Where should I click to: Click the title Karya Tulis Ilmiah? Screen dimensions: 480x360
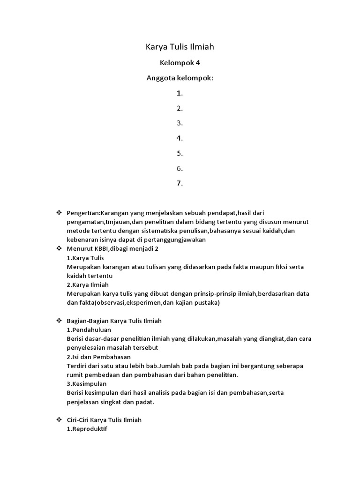pyautogui.click(x=180, y=47)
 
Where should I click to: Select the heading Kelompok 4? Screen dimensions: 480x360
pyautogui.click(x=180, y=63)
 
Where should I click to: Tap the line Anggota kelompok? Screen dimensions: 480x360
pyautogui.click(x=180, y=78)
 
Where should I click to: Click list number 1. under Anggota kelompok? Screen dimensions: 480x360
pyautogui.click(x=180, y=93)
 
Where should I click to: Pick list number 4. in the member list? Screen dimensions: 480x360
pyautogui.click(x=180, y=138)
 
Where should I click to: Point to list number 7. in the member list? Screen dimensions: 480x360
pyautogui.click(x=180, y=183)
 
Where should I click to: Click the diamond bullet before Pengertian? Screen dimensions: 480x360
pyautogui.click(x=59, y=213)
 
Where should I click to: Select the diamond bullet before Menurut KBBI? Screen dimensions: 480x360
pyautogui.click(x=59, y=249)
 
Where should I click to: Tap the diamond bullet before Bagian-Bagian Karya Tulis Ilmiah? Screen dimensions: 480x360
pyautogui.click(x=59, y=321)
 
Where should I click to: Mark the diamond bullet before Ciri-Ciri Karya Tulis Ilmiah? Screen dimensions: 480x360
pyautogui.click(x=59, y=420)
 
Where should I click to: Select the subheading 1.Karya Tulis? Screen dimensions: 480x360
pyautogui.click(x=85, y=258)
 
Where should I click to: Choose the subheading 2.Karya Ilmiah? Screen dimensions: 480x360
pyautogui.click(x=88, y=285)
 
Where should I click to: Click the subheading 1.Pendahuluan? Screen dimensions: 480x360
pyautogui.click(x=89, y=330)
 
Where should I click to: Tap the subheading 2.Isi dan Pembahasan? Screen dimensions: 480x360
pyautogui.click(x=98, y=357)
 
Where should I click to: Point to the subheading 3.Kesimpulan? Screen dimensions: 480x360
pyautogui.click(x=87, y=383)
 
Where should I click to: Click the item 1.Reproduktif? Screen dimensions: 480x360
pyautogui.click(x=87, y=429)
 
